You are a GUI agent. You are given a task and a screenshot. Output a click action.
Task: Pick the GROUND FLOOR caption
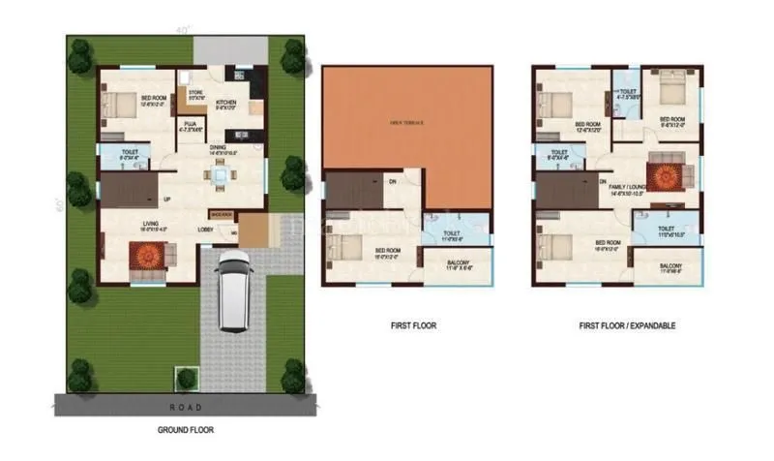pyautogui.click(x=185, y=429)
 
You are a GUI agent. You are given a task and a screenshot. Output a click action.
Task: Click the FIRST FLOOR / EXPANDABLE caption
pyautogui.click(x=626, y=326)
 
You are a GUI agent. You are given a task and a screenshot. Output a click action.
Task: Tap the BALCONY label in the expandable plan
pyautogui.click(x=670, y=266)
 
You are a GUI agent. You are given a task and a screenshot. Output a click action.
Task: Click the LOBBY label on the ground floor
pyautogui.click(x=205, y=230)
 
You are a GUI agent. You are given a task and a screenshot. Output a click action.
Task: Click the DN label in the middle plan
pyautogui.click(x=392, y=180)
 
